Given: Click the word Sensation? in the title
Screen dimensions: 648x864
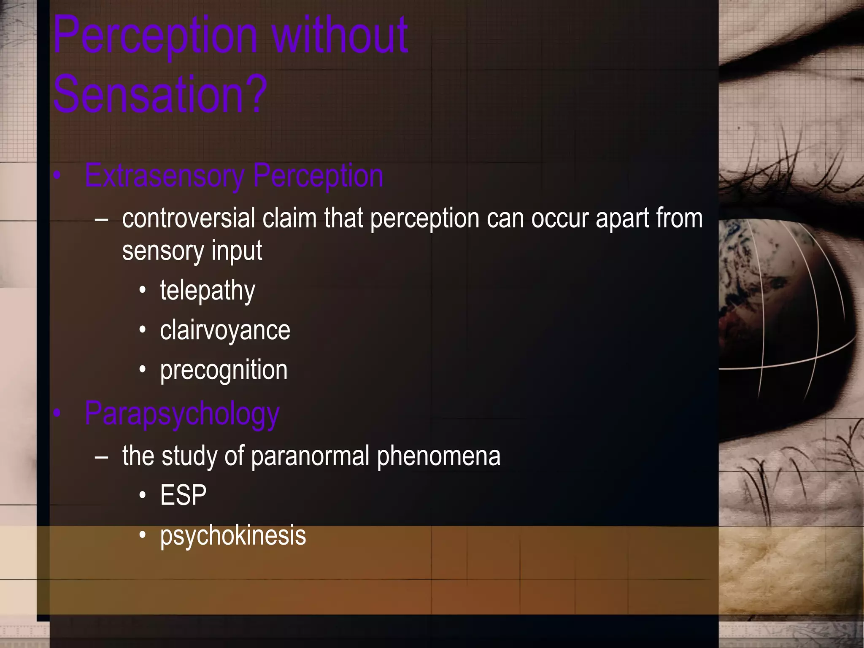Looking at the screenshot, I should (160, 94).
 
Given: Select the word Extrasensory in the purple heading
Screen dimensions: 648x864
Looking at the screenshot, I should (164, 176).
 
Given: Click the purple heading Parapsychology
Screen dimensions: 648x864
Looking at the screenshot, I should (182, 414).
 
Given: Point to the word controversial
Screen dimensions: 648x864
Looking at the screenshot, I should (189, 219).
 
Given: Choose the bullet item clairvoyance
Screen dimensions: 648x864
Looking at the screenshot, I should (225, 330).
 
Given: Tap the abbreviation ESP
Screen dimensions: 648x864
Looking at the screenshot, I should (183, 495).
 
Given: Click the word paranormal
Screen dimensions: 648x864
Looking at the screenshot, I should (310, 456).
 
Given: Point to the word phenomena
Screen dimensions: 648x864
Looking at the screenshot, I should (438, 456).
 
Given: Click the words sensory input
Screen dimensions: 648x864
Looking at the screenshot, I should (192, 251).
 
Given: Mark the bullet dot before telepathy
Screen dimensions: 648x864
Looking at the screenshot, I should (143, 290).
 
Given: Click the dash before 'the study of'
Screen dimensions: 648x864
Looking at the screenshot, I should (102, 456).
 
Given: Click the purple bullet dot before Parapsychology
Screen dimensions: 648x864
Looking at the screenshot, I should (57, 414).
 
